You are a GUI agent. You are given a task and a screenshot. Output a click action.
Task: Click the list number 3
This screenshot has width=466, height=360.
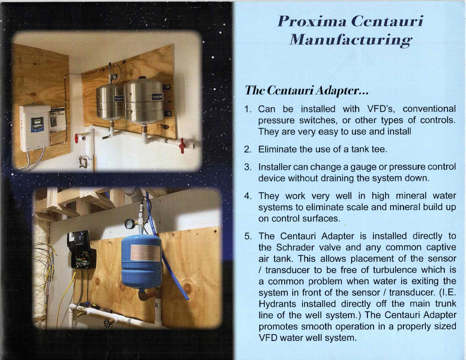pos(248,167)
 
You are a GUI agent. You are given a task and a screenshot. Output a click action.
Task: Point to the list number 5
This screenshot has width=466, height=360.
pos(248,236)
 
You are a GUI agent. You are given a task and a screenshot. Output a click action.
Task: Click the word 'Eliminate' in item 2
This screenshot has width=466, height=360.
pos(277,149)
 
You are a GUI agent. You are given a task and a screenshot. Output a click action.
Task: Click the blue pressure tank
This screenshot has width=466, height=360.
pos(142,261)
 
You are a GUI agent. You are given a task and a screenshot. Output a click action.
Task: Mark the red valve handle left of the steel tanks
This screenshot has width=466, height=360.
pos(76,138)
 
